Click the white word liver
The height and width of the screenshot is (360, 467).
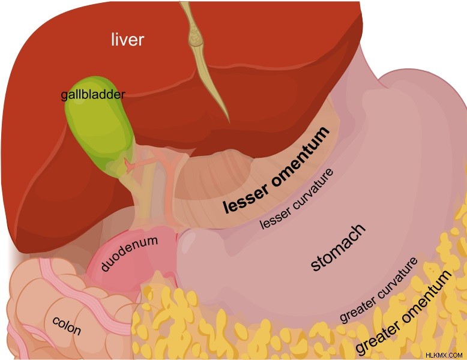point(127,40)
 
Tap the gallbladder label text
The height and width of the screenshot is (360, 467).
point(93,95)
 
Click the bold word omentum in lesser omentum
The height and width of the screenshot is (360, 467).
point(300,157)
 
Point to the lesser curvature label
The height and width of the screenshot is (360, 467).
point(297,199)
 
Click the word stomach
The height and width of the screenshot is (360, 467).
point(339,247)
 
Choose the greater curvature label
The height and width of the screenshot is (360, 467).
point(379,290)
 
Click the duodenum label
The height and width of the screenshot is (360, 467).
point(129,253)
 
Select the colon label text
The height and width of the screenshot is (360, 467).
point(67,325)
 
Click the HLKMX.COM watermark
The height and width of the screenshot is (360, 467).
point(444,355)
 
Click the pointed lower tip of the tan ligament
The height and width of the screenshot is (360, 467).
point(229,122)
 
